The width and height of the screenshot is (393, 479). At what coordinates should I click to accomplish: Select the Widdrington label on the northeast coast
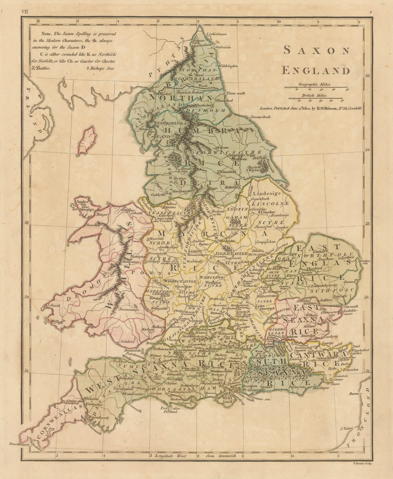(229, 65)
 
